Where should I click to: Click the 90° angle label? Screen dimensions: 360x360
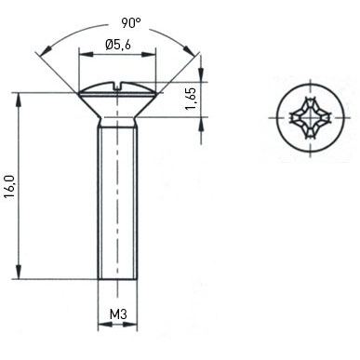[x=130, y=23]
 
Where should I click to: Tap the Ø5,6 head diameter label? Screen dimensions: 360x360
[x=118, y=45]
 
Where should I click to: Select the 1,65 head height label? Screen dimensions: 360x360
[x=191, y=99]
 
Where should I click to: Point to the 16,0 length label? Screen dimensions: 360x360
[x=9, y=187]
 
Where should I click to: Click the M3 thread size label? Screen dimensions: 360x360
[x=118, y=314]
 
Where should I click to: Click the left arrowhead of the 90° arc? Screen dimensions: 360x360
[x=47, y=49]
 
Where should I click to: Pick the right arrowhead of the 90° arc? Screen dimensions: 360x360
[x=189, y=49]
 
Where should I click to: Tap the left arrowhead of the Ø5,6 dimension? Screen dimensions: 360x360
[x=87, y=55]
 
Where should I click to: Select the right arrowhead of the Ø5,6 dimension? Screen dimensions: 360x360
[x=148, y=55]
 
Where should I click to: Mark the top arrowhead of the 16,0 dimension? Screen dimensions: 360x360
[x=20, y=100]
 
